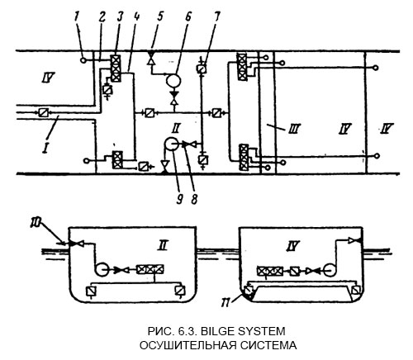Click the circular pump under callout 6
coord(174,81)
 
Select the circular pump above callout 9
coord(171,144)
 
